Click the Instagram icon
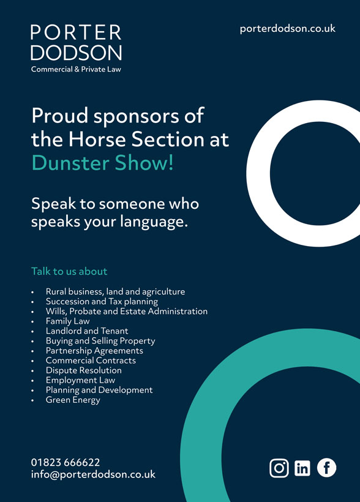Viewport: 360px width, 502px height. (x=279, y=468)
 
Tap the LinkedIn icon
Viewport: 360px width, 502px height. (x=302, y=468)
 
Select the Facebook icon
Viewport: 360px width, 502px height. (x=327, y=468)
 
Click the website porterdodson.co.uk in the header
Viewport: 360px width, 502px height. (x=288, y=29)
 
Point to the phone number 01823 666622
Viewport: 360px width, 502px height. (x=66, y=462)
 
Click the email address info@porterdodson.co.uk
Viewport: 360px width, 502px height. (x=93, y=474)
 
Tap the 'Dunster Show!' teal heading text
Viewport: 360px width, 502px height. (x=102, y=163)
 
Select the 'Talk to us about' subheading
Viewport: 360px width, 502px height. (x=69, y=271)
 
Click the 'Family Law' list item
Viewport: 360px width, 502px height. (x=67, y=321)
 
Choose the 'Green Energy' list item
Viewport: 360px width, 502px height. (x=73, y=400)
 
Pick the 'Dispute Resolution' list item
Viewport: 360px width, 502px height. (x=84, y=370)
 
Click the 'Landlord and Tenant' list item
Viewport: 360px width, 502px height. (x=87, y=331)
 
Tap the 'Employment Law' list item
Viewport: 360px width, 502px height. (x=80, y=380)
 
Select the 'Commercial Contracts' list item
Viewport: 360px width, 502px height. (x=91, y=361)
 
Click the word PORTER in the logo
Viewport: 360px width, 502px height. (x=77, y=32)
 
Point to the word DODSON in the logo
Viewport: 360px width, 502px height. (x=77, y=53)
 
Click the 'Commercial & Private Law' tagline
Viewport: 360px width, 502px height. (x=76, y=69)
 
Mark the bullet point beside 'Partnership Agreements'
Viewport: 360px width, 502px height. (x=32, y=351)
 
